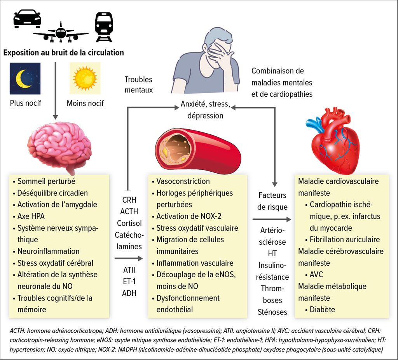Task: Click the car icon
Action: (27, 19)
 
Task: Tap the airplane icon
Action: (61, 33)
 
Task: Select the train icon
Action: (104, 27)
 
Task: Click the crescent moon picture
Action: (25, 78)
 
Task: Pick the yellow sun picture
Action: (85, 78)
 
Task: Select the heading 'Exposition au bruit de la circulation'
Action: (63, 52)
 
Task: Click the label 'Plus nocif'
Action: (25, 103)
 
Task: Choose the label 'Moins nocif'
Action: (85, 103)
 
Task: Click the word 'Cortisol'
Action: (129, 223)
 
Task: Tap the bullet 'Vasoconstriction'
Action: (181, 181)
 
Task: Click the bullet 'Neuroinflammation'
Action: (46, 251)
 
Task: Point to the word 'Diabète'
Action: (322, 310)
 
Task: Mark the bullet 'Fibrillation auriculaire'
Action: (342, 240)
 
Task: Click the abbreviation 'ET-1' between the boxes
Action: (129, 281)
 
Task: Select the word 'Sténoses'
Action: (272, 312)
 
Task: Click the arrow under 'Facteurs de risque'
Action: (272, 219)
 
